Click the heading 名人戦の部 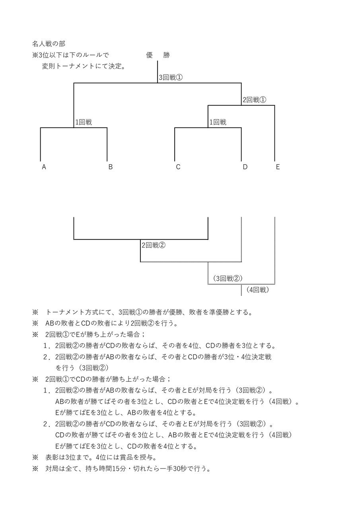point(49,43)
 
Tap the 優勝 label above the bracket point(158,55)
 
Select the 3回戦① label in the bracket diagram point(171,78)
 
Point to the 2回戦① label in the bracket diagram point(254,100)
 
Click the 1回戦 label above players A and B point(84,122)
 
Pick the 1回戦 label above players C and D point(218,122)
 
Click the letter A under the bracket point(44,167)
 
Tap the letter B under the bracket point(111,167)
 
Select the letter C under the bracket point(178,167)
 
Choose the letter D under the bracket point(245,167)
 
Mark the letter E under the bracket point(278,167)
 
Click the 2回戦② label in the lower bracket point(154,245)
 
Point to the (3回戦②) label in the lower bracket point(228,278)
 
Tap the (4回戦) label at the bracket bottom point(258,290)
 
